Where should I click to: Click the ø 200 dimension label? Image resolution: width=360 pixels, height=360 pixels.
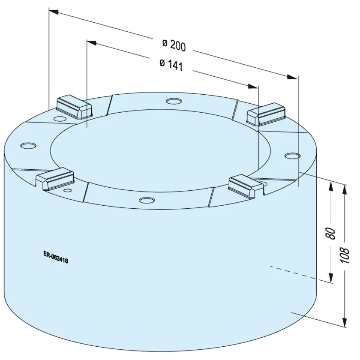(x=174, y=45)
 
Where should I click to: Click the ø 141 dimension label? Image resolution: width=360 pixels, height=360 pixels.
(x=171, y=65)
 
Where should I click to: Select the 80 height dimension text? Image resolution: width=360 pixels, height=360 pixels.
(x=330, y=234)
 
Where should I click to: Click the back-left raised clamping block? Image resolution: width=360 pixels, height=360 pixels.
(x=74, y=107)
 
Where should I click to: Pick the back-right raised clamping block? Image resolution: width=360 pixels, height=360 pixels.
(x=266, y=114)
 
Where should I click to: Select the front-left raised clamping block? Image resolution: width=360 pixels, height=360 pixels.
(x=55, y=179)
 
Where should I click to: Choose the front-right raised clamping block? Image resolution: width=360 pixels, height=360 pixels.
(x=246, y=186)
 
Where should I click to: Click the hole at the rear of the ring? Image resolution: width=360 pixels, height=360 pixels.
(x=174, y=101)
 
